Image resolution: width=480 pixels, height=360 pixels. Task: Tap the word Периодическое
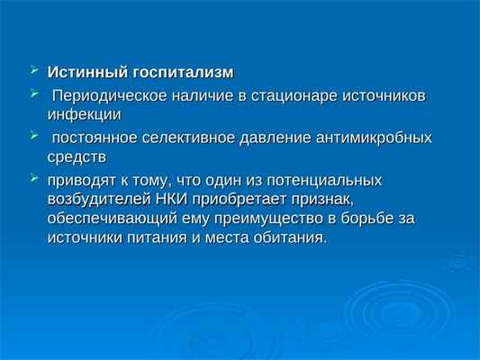coord(102,95)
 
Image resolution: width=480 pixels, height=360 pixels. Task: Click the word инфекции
coord(83,114)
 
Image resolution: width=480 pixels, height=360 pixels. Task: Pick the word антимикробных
coord(370,138)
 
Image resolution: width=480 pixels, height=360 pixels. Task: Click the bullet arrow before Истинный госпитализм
coord(34,69)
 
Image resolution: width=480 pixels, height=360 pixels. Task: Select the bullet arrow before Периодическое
coord(34,94)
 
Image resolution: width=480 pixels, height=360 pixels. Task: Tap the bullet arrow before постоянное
coord(34,136)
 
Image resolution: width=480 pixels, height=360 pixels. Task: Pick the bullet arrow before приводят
coord(34,177)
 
